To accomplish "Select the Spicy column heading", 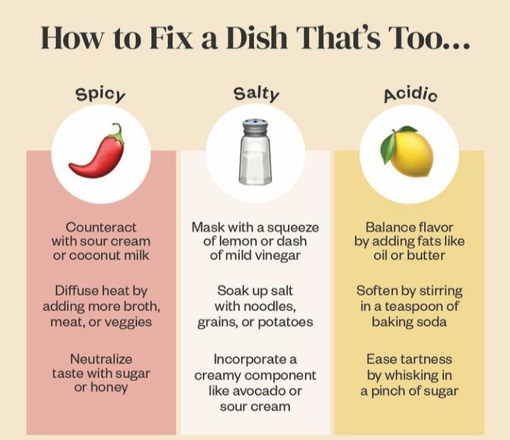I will point(100,94).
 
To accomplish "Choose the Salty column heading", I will point(256,94).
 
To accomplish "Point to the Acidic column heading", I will point(410,94).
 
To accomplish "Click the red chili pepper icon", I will point(98,156).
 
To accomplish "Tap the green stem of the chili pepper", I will point(117,134).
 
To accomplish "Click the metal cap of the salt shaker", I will point(255,128).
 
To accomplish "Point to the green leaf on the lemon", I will point(389,147).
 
